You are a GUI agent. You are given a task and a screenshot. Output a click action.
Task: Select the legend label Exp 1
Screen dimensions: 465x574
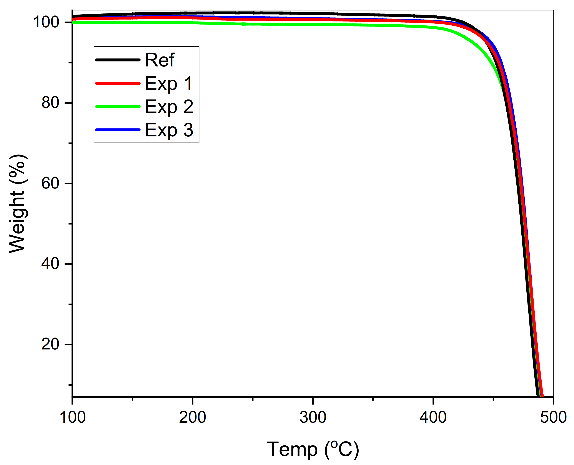click(169, 83)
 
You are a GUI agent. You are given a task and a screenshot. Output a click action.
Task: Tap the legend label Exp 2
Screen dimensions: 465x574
click(169, 107)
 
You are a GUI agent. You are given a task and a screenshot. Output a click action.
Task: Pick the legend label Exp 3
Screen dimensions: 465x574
click(169, 130)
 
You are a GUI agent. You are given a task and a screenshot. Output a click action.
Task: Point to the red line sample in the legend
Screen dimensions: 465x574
click(118, 83)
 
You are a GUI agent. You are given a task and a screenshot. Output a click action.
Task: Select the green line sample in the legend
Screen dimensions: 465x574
click(118, 107)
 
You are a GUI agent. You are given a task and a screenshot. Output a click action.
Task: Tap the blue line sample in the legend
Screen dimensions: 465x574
click(118, 130)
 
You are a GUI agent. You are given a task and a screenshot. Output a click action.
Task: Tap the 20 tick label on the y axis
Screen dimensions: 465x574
click(50, 344)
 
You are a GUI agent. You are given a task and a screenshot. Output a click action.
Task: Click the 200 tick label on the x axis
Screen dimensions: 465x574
click(192, 417)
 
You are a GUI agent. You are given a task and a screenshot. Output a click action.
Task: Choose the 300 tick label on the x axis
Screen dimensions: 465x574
click(313, 417)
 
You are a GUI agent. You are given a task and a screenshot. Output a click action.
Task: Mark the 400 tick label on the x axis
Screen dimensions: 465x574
click(433, 417)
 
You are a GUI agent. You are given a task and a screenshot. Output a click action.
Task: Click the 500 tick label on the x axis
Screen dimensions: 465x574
click(553, 417)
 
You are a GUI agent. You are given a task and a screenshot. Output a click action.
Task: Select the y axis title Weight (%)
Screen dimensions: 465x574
click(18, 204)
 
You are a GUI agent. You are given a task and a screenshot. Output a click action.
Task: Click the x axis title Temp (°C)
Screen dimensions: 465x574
click(313, 449)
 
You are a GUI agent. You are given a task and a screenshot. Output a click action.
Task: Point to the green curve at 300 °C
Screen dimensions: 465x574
click(313, 24)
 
